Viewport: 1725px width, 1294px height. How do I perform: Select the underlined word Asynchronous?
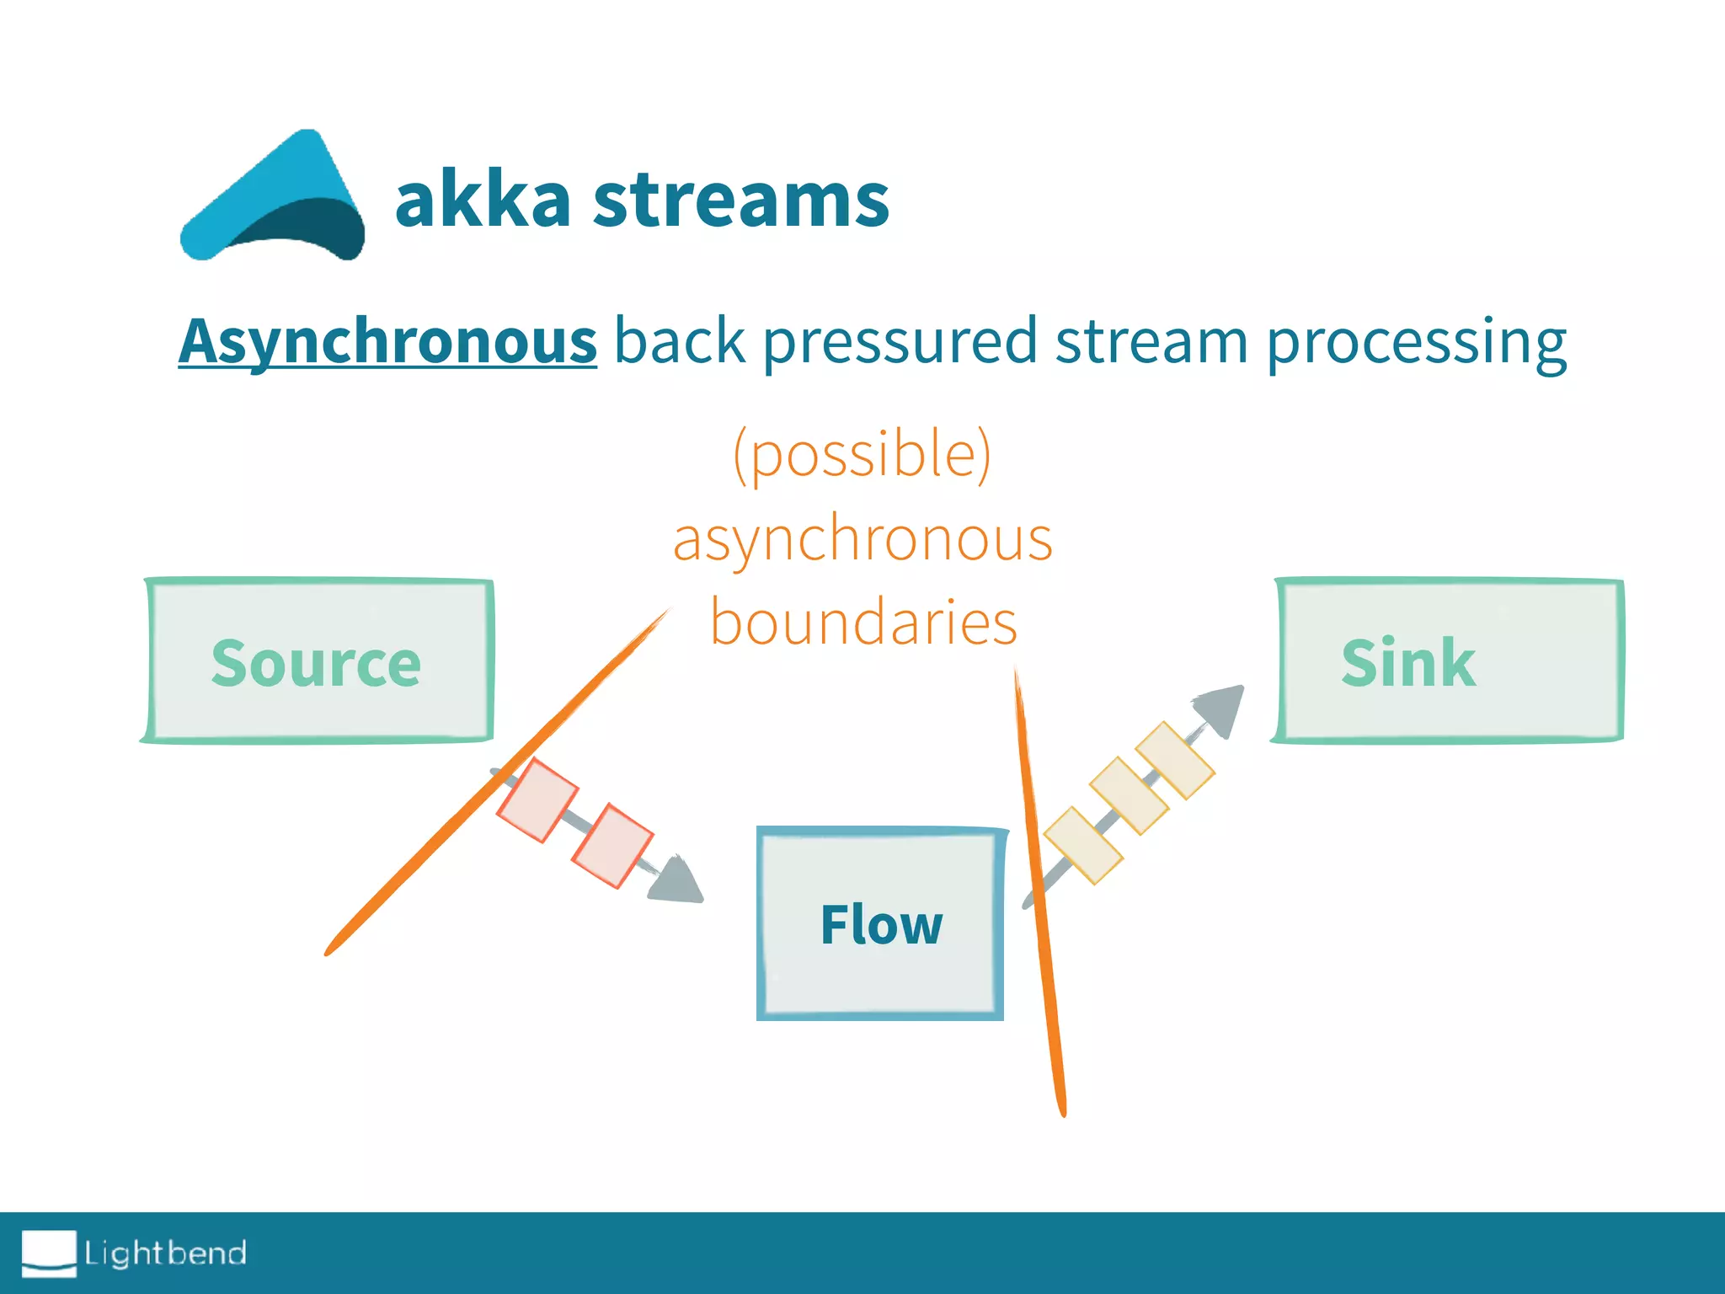click(388, 341)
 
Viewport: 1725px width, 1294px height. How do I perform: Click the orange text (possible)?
click(862, 453)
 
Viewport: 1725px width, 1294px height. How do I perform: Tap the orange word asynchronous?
click(862, 539)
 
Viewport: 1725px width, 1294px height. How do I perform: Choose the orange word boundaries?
click(863, 622)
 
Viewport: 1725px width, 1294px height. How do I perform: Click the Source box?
click(318, 661)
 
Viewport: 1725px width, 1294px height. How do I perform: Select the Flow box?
click(881, 923)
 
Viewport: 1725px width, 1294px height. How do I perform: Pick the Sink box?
click(1448, 661)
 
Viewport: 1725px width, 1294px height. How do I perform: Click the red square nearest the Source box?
click(537, 799)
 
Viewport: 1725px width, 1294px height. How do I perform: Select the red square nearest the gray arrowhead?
click(612, 845)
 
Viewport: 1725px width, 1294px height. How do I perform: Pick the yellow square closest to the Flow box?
click(1083, 845)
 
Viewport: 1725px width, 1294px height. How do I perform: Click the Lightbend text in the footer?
click(165, 1253)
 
